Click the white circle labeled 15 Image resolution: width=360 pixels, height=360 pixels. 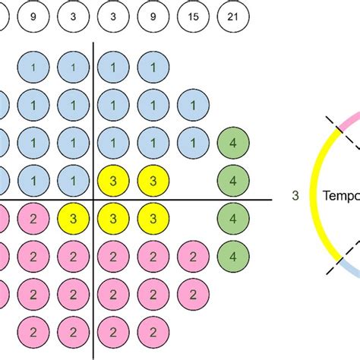[x=192, y=15]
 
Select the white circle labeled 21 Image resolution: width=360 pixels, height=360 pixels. [x=232, y=15]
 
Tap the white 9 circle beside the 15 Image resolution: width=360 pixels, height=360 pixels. [x=153, y=15]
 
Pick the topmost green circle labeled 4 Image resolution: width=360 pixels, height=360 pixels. [x=232, y=143]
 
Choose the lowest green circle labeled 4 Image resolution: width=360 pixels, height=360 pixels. [x=232, y=254]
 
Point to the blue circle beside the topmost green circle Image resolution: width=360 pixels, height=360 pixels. [x=192, y=143]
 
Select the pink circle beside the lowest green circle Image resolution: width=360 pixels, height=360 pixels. [x=192, y=254]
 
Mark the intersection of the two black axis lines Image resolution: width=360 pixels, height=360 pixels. [x=93, y=201]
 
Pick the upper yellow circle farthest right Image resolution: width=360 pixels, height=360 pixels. [x=153, y=181]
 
